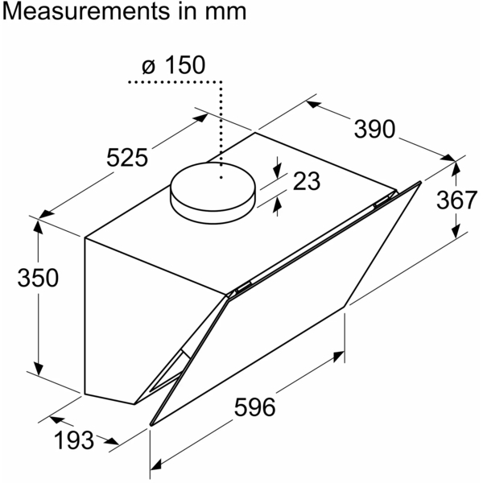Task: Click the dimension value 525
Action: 127,158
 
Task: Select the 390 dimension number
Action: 374,129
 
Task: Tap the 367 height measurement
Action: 456,200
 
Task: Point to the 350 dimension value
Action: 38,278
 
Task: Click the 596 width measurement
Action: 254,407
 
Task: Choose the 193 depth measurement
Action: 74,440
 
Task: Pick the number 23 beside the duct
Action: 307,181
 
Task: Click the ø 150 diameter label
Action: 174,65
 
